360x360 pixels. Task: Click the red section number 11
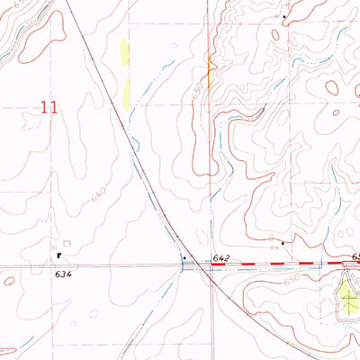tap(49, 107)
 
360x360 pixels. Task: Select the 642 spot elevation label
tap(222, 258)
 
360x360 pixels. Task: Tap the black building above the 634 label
tap(58, 255)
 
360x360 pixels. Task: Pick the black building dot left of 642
tap(185, 258)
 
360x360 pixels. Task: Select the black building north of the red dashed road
tap(283, 242)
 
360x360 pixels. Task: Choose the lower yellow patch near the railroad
tap(127, 91)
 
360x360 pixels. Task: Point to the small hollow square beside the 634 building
tap(66, 243)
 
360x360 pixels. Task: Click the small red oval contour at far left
tap(8, 281)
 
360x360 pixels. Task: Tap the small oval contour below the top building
tap(274, 34)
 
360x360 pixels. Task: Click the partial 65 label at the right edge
tap(355, 257)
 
